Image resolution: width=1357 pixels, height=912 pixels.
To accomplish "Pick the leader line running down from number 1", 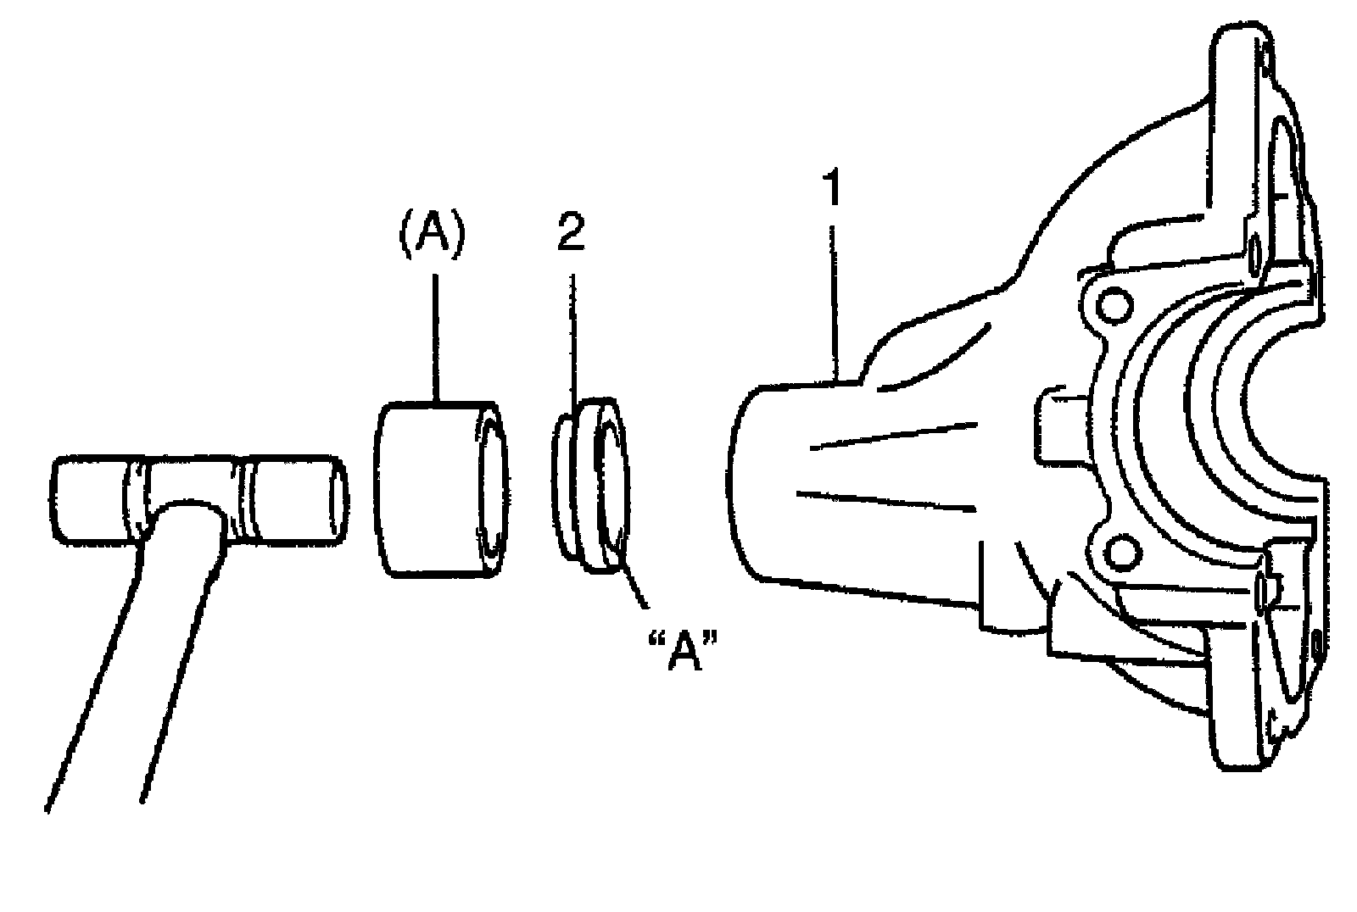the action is [x=836, y=297].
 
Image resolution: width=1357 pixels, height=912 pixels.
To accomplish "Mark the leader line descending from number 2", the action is [x=574, y=339].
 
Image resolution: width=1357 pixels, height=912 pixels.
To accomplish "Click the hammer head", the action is [x=199, y=500].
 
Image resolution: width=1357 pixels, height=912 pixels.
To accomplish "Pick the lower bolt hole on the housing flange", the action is [x=1116, y=553].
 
